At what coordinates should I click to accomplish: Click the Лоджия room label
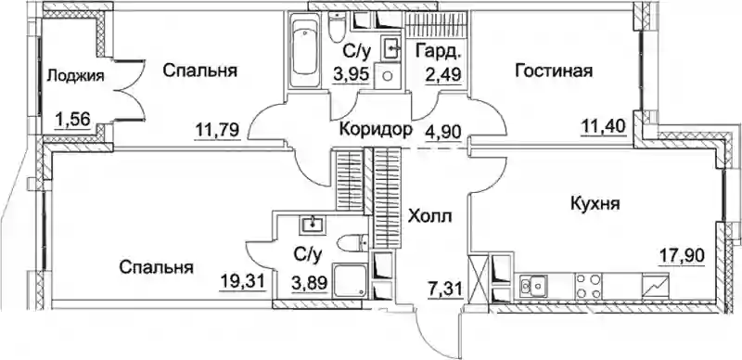tap(76, 75)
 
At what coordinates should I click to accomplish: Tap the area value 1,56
tap(72, 120)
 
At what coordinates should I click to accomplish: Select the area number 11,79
tap(218, 129)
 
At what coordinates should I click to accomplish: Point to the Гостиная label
tap(554, 71)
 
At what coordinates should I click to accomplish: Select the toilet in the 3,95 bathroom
tap(337, 26)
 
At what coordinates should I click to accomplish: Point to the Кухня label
tap(595, 204)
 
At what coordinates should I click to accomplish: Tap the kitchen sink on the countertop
tap(533, 286)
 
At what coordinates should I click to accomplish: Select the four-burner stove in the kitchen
tap(589, 286)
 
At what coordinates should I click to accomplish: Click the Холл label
tap(430, 216)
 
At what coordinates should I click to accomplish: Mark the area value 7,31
tap(442, 287)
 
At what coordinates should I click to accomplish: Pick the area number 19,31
tap(242, 281)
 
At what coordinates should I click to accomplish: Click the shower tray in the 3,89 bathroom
tap(350, 281)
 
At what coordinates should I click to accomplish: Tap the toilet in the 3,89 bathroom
tap(353, 243)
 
